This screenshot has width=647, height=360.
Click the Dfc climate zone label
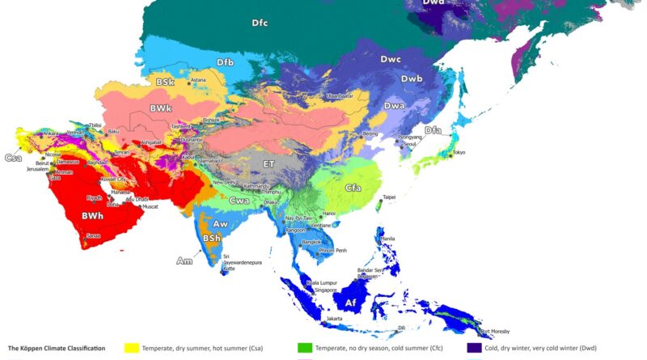[259, 23]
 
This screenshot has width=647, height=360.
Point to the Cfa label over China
[353, 188]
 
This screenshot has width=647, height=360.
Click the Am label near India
[185, 260]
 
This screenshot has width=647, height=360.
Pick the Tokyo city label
[459, 152]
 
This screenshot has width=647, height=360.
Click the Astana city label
[198, 80]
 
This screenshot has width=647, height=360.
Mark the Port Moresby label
[495, 332]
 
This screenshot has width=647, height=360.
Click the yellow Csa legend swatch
[130, 348]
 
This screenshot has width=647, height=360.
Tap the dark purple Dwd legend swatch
[475, 348]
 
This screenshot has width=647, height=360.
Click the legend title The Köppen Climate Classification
[57, 348]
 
